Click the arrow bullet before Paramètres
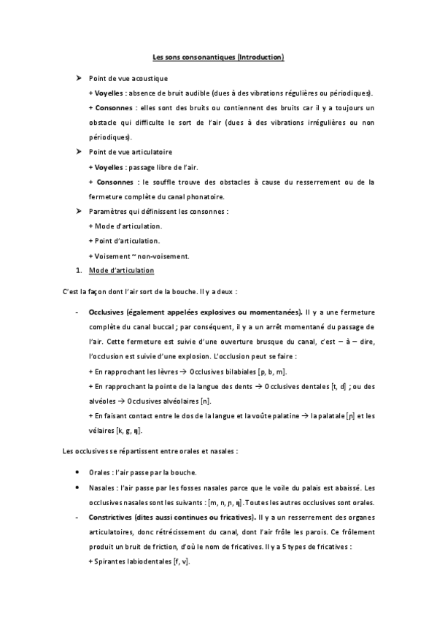(x=78, y=211)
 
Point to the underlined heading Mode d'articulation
(x=121, y=271)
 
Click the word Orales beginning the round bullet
(x=99, y=472)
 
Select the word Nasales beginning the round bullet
(x=101, y=487)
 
